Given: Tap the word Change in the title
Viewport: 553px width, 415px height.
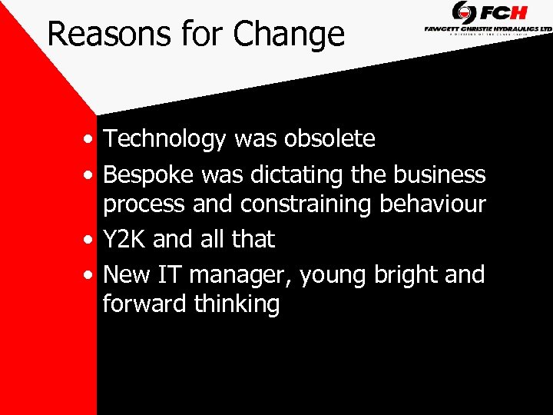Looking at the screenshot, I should pyautogui.click(x=289, y=35).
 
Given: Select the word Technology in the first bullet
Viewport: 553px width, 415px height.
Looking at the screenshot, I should pyautogui.click(x=165, y=139).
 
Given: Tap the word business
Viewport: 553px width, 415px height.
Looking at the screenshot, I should pyautogui.click(x=439, y=175).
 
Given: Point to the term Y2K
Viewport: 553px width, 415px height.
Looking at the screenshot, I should pyautogui.click(x=125, y=240).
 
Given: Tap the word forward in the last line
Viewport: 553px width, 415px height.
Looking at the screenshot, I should pyautogui.click(x=145, y=304).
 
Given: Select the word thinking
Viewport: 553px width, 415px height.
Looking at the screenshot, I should pyautogui.click(x=237, y=304).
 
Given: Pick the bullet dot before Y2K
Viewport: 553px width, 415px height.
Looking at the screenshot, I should pyautogui.click(x=91, y=241).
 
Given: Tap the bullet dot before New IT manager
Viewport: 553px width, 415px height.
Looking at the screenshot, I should pyautogui.click(x=91, y=275).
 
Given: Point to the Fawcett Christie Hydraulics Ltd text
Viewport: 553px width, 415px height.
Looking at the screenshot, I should pyautogui.click(x=488, y=28).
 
